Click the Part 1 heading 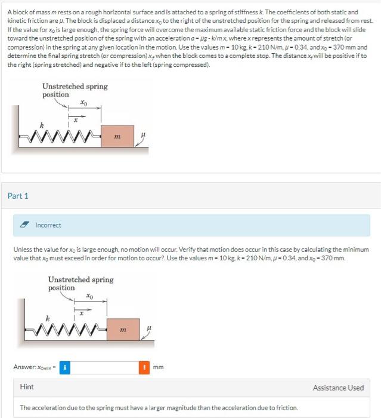point(18,196)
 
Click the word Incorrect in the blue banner point(48,225)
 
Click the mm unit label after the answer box point(158,367)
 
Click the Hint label point(27,388)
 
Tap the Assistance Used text point(338,388)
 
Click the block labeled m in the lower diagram point(122,329)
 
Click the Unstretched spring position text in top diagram point(75,90)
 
